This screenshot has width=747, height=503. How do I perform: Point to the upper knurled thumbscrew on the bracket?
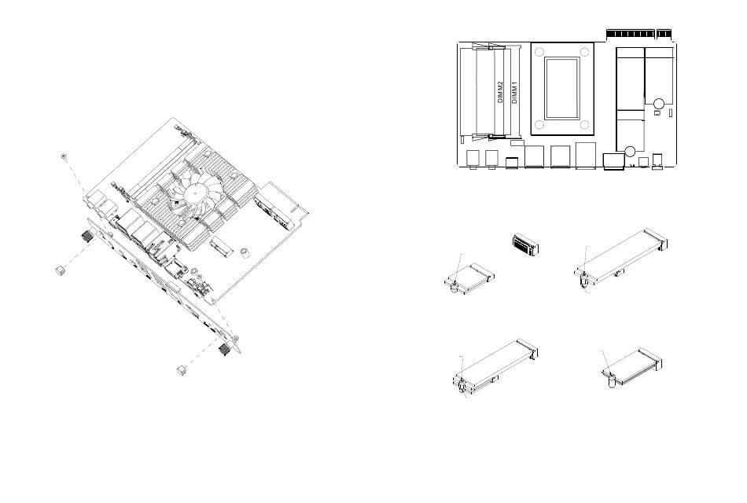[83, 237]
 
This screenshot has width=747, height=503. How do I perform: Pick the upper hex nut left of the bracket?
[60, 270]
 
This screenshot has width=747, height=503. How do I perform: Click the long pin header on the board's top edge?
[631, 34]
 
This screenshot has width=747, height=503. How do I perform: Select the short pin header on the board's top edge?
[664, 34]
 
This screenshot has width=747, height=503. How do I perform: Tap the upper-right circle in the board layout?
[659, 103]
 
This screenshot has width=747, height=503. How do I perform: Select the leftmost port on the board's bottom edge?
[472, 159]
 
